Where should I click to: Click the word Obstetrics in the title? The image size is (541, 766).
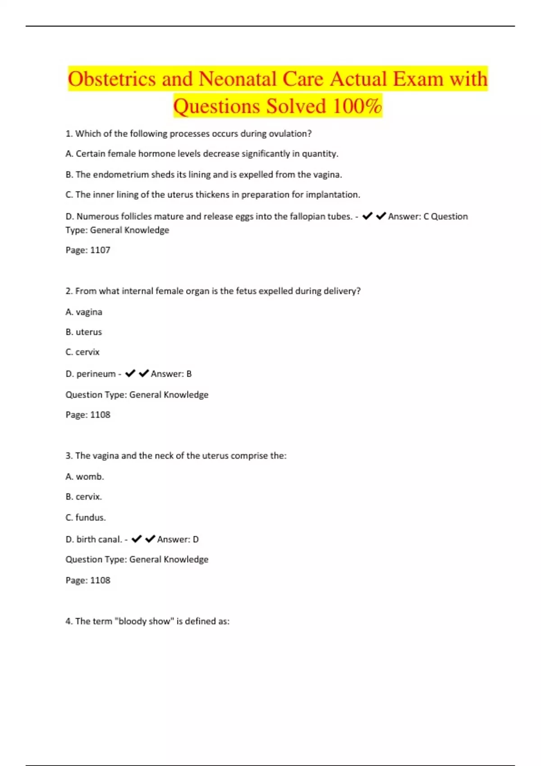[112, 79]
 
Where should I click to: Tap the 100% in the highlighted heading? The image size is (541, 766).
[357, 106]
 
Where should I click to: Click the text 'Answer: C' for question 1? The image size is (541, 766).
[408, 217]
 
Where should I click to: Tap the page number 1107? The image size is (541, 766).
[100, 250]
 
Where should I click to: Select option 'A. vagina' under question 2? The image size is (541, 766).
[84, 312]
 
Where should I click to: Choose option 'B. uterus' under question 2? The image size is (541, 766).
[84, 332]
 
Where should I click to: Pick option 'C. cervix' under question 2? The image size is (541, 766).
[83, 352]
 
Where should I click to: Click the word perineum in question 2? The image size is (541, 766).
[96, 374]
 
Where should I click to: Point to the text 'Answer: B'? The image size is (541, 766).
[171, 374]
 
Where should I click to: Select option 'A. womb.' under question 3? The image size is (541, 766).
[85, 477]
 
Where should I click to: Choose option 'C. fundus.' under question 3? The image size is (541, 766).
[86, 518]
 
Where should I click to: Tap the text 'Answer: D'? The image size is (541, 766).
[178, 539]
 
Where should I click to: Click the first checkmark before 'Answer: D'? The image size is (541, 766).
[137, 539]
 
